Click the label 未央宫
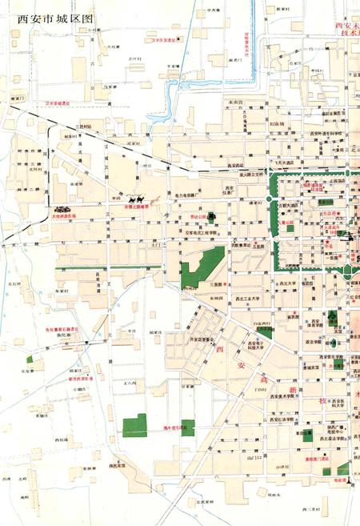tap(234, 102)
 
